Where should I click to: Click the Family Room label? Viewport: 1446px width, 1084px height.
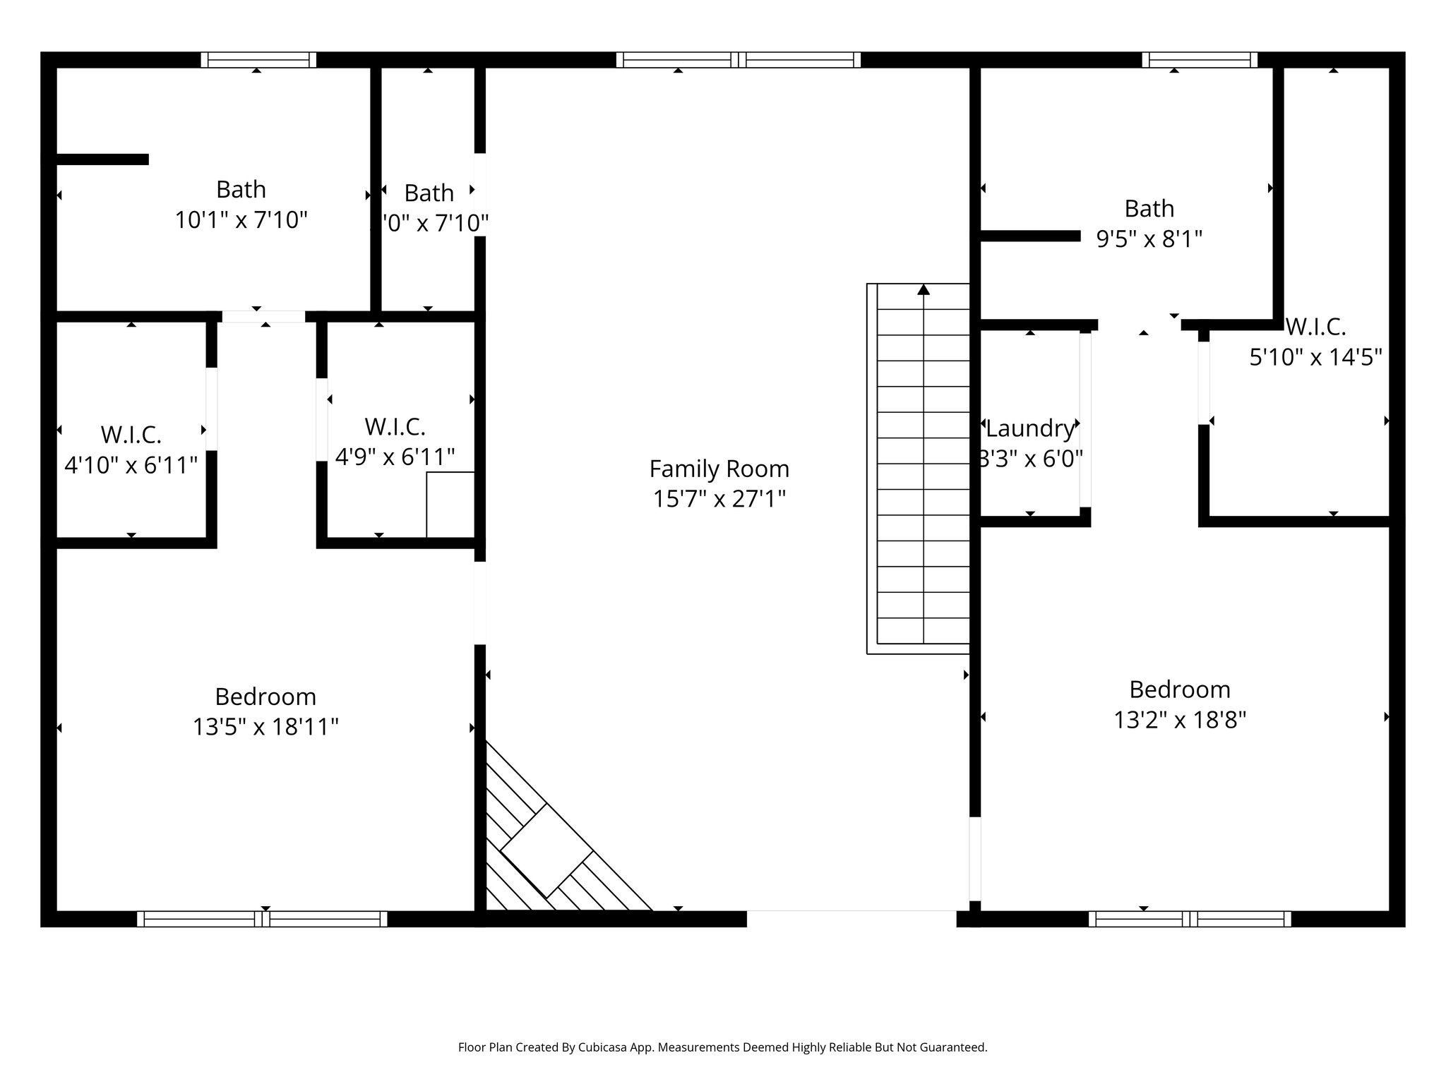[719, 469]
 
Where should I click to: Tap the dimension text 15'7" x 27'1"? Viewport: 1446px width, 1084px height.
[719, 499]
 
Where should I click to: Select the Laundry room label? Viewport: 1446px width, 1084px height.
[1029, 428]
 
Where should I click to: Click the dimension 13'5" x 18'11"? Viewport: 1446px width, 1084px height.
[265, 727]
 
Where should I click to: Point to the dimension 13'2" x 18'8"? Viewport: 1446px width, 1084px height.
[1179, 720]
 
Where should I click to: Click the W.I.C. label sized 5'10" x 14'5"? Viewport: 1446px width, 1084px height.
[1315, 327]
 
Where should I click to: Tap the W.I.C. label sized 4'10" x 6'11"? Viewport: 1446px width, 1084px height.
[131, 435]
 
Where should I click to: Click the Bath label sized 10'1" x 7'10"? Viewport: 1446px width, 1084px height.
[241, 190]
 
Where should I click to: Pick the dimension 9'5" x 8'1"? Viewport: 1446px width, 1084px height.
[1149, 239]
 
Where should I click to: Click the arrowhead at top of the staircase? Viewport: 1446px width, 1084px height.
[924, 289]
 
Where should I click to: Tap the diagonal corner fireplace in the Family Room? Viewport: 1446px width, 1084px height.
[547, 850]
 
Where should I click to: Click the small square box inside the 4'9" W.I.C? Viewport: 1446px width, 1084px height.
[450, 504]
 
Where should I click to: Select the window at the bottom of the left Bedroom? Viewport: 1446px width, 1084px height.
[262, 919]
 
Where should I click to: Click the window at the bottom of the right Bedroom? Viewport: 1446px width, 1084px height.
[1190, 919]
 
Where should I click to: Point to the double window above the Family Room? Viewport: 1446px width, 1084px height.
[738, 60]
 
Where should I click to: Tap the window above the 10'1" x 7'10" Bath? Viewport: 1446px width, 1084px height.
[258, 60]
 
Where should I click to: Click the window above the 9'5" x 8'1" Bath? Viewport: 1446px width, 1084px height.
[1200, 60]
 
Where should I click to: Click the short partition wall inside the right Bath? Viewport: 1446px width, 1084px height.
[1030, 236]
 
